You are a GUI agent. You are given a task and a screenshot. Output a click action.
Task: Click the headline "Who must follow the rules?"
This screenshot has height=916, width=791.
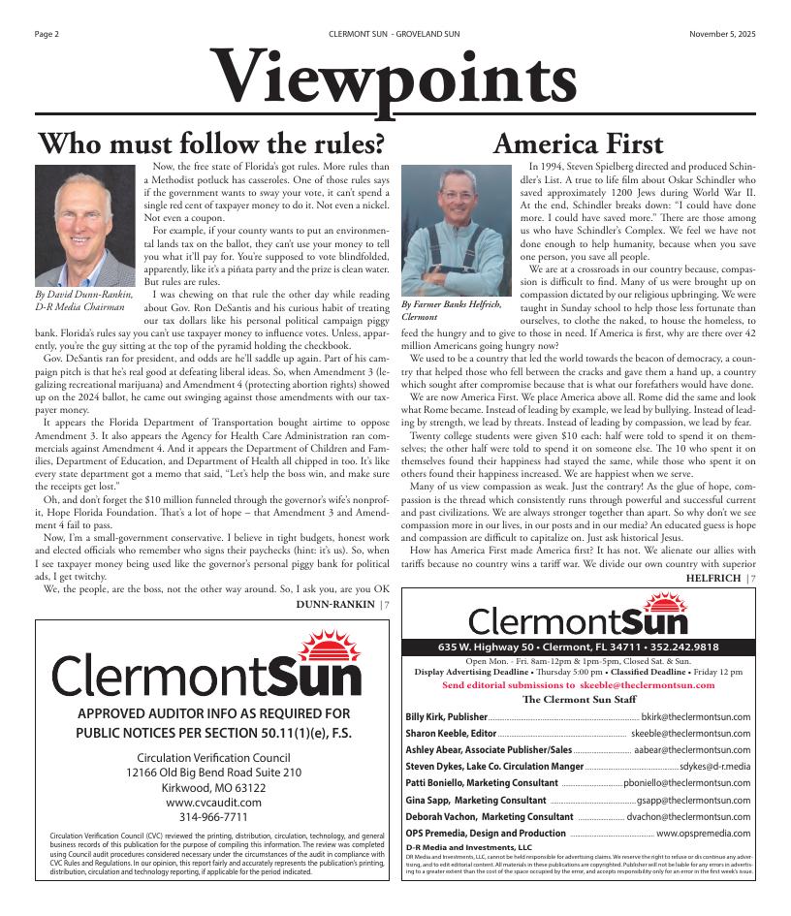[x=211, y=143]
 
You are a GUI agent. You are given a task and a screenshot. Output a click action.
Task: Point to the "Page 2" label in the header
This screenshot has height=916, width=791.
[x=47, y=34]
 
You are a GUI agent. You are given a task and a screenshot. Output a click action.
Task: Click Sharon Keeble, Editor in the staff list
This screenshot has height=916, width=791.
[x=451, y=733]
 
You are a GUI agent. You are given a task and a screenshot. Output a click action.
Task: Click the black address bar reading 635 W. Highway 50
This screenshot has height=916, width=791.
[x=578, y=647]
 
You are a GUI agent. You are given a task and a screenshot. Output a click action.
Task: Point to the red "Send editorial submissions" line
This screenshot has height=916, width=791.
[x=578, y=684]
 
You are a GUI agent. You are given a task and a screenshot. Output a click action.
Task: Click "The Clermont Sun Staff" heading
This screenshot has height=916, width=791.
[x=578, y=698]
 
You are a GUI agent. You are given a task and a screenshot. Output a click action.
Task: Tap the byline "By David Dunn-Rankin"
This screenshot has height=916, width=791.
[x=82, y=294]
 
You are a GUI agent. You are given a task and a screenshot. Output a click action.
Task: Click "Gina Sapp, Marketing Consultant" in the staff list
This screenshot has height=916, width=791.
[x=475, y=800]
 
